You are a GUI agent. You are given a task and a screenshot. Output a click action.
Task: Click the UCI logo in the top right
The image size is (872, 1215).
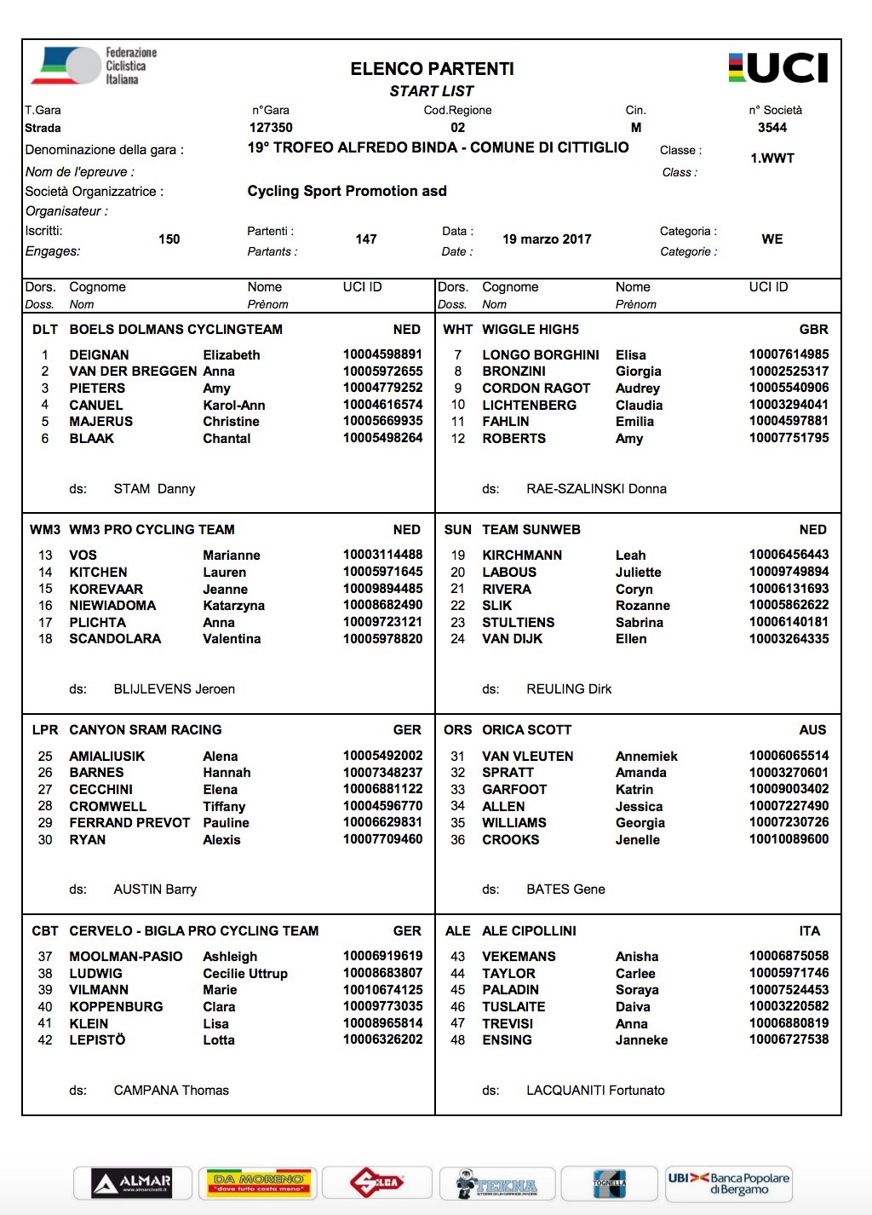coord(778,68)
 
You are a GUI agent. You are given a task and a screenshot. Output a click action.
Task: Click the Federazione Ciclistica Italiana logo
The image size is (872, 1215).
coord(95,66)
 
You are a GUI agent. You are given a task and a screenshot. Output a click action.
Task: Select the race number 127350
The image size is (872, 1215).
coord(271,128)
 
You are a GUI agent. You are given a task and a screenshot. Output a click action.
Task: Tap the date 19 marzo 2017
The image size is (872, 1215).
coord(547,239)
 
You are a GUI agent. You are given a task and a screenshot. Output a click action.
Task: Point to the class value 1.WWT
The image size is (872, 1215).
coord(772,158)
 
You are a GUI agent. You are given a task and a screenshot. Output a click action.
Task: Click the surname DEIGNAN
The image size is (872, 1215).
coord(99,355)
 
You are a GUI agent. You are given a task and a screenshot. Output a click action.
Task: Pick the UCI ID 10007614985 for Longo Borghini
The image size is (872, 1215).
coord(789,354)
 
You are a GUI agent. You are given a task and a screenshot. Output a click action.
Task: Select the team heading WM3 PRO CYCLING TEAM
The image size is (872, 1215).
coord(152,530)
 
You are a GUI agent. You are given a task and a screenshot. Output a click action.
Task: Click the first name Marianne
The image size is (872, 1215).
coord(232,556)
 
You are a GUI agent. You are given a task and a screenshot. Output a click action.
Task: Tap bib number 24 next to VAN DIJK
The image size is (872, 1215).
coord(458,639)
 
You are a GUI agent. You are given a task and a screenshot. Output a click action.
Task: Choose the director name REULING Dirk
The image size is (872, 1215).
coord(569,689)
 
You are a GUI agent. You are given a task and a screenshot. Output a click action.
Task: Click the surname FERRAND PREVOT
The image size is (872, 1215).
coord(129,823)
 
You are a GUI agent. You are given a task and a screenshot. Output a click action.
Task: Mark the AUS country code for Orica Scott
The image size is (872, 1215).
coord(812,730)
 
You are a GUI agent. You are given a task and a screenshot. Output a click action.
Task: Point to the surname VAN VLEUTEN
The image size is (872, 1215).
coord(528,757)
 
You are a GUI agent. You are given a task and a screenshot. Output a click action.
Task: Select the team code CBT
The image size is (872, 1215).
coord(45,931)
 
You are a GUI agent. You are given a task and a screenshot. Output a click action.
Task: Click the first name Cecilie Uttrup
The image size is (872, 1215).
coord(245,974)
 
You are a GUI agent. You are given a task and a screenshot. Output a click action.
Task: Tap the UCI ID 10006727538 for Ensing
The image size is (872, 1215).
coord(789,1039)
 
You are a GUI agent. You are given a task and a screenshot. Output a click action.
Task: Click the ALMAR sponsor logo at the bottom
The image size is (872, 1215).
coord(133,1183)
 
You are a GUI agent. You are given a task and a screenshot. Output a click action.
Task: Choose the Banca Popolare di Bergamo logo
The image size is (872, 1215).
coord(729,1183)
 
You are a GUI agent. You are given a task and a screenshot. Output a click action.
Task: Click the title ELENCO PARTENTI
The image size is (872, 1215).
coord(432,69)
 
